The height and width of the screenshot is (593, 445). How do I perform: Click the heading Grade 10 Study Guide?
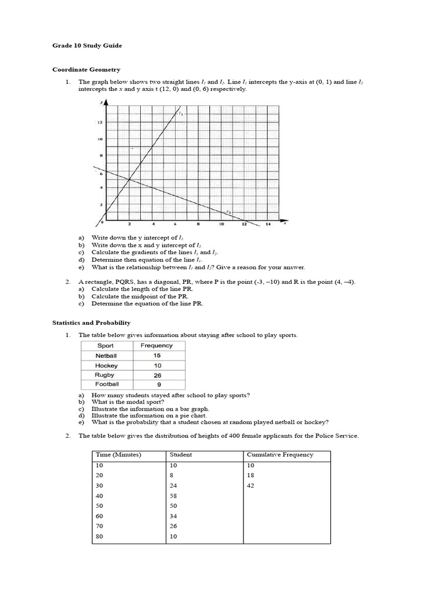pos(87,45)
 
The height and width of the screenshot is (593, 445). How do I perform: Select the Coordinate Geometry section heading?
pos(86,69)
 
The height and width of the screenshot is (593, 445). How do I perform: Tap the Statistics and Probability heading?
pos(92,323)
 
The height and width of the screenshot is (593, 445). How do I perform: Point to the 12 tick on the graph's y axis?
pos(99,122)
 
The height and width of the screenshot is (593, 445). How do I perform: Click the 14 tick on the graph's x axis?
pos(267,224)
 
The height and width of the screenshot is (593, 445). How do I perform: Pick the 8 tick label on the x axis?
pos(198,224)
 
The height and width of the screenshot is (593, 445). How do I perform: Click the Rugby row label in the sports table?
pos(106,375)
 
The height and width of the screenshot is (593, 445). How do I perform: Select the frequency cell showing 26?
pos(158,375)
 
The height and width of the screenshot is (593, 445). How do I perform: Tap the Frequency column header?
pos(157,346)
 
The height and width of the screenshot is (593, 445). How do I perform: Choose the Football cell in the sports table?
pos(107,384)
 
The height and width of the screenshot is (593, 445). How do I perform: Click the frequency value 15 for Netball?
pos(158,356)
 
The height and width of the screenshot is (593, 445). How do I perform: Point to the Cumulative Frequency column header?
pos(280,455)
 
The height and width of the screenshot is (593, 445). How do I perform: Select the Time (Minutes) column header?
pos(118,455)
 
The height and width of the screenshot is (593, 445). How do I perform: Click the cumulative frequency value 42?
pos(250,485)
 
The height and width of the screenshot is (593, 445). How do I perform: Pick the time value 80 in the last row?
pos(100,536)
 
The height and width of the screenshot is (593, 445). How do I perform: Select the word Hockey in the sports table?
pos(107,365)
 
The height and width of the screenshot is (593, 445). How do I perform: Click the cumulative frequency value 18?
pos(250,475)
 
